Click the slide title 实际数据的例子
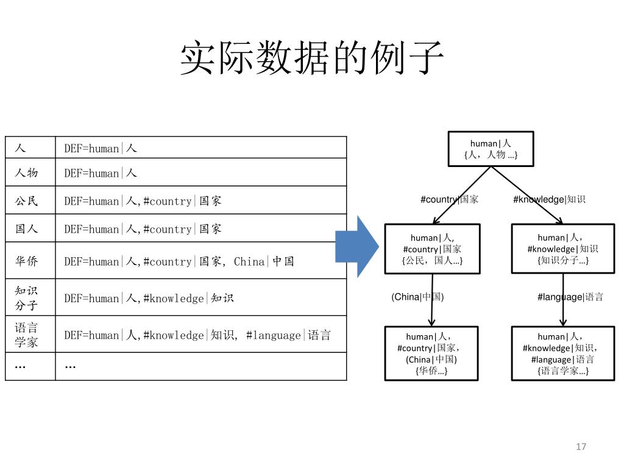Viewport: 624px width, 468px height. coord(312,59)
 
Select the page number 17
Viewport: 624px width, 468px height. coord(581,447)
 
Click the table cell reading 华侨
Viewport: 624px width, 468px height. coord(27,261)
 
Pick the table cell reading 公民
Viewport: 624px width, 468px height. coord(27,200)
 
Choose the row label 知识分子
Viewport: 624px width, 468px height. coord(27,297)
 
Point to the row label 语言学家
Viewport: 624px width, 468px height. coord(27,335)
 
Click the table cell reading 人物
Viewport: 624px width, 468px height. coord(27,173)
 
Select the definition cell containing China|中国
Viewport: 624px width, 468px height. coord(179,261)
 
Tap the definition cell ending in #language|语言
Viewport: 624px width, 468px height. coord(197,335)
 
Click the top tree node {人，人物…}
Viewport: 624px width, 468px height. coord(491,149)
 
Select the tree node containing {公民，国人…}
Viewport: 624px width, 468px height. coord(432,249)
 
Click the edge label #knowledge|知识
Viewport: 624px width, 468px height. coord(549,199)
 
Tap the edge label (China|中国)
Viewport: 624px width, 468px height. coord(417,297)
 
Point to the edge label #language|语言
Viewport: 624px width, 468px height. coord(570,297)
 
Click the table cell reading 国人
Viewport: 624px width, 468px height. coord(27,229)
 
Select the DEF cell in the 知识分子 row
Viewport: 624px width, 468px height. coord(149,298)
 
